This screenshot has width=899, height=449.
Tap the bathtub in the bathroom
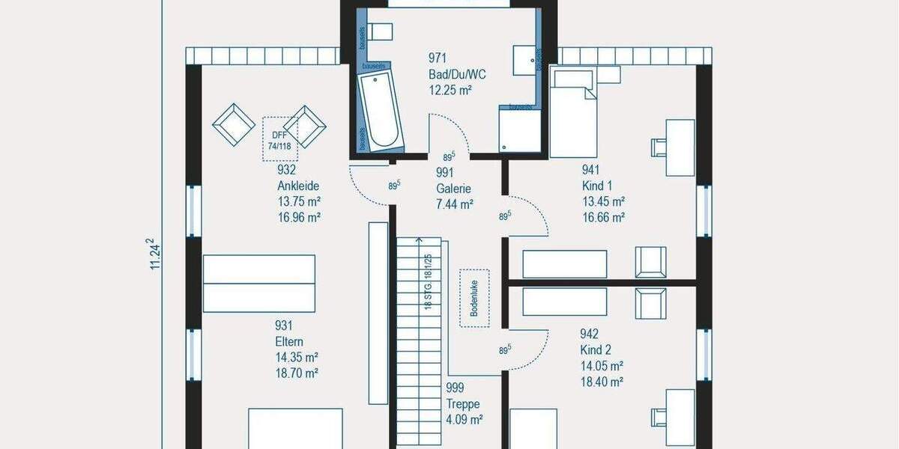pos(381,110)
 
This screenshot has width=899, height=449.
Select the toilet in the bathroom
pos(381,31)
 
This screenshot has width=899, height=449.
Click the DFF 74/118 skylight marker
pos(280,139)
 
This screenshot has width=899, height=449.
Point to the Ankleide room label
pos(298,186)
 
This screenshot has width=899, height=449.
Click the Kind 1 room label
pos(597,186)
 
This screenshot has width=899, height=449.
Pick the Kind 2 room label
pos(596,350)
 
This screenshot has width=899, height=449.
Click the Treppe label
pos(461,404)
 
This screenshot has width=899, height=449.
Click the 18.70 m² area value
pos(297,373)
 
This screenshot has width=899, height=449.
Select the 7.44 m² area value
pos(455,204)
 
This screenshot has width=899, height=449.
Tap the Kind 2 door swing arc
pos(533,352)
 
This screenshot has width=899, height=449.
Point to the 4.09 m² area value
pos(464,419)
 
